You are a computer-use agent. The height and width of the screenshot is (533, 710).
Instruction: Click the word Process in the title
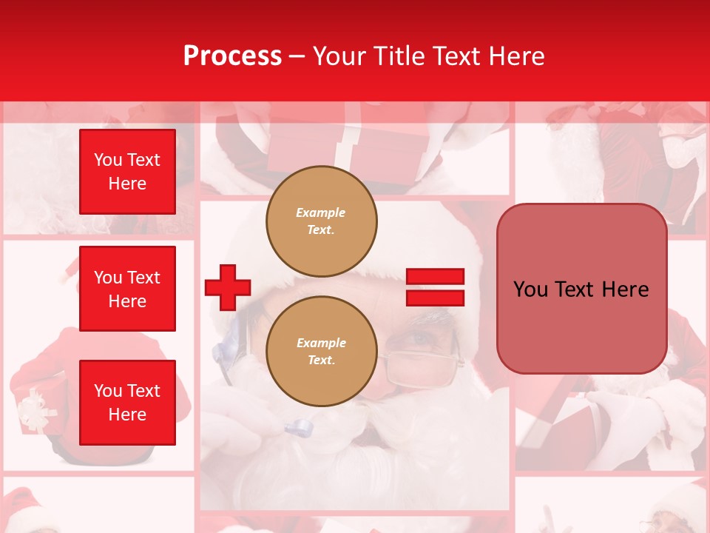click(x=232, y=56)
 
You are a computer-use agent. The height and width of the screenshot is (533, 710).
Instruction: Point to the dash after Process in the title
click(x=297, y=57)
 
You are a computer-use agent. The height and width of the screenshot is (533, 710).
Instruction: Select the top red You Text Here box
click(x=127, y=172)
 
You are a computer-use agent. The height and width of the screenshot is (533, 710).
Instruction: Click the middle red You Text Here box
click(x=127, y=289)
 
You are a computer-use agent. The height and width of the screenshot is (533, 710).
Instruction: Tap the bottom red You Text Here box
click(x=127, y=403)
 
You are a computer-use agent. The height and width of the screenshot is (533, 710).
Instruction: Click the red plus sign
click(x=228, y=287)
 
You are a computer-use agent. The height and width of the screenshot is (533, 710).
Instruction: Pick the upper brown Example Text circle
click(x=321, y=221)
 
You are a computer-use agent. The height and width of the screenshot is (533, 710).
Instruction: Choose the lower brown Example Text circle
click(x=321, y=352)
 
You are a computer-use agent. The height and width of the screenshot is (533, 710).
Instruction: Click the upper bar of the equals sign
click(x=435, y=277)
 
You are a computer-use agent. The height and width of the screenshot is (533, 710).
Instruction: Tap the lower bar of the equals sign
click(x=435, y=298)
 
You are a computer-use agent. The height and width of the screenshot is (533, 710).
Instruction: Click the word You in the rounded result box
click(x=530, y=289)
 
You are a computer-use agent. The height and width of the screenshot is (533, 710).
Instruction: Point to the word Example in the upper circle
click(x=321, y=212)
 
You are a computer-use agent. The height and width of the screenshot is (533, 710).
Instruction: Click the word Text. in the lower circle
click(x=321, y=361)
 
